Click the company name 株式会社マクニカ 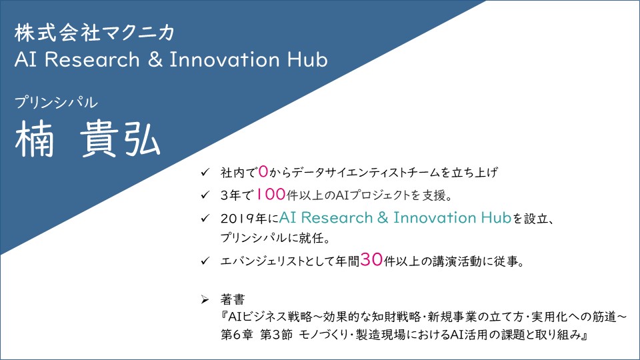(x=94, y=33)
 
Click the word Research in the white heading (x=92, y=59)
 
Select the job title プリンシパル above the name (x=56, y=102)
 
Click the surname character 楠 (x=34, y=139)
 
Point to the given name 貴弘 (x=120, y=139)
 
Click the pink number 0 (x=263, y=171)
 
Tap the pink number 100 (x=270, y=194)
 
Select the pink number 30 (x=371, y=259)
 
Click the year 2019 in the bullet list (x=238, y=219)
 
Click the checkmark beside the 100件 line (x=205, y=195)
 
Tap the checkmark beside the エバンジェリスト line (x=205, y=261)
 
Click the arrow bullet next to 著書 (x=205, y=300)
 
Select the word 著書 (x=233, y=299)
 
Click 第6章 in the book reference (x=237, y=335)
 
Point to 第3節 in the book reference (x=276, y=335)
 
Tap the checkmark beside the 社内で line (x=205, y=172)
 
